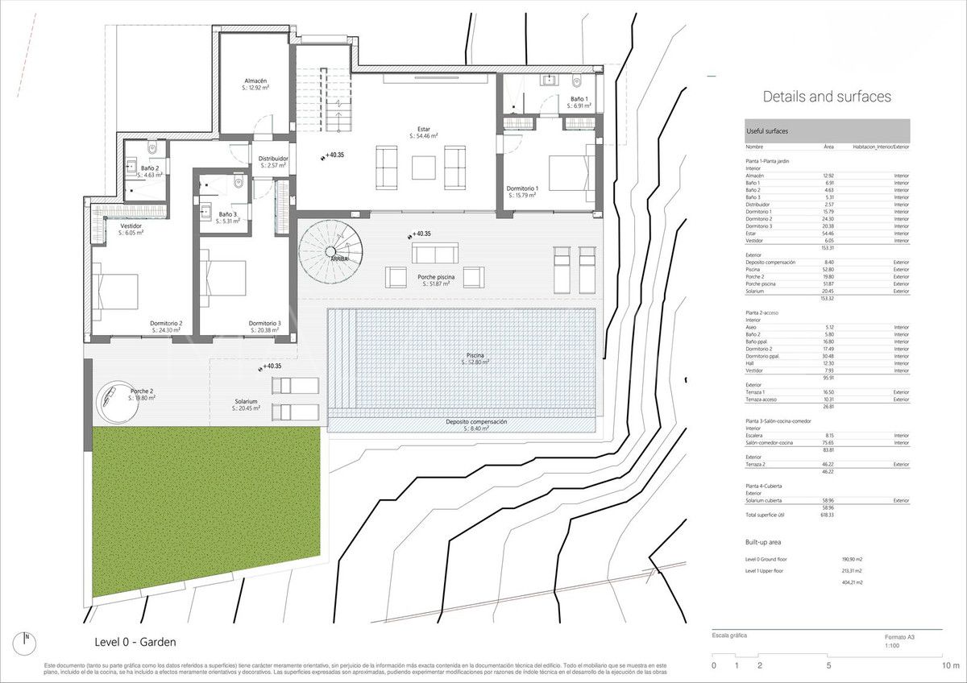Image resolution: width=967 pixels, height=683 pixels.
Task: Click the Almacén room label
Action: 255,81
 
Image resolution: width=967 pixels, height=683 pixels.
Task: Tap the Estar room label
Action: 423,129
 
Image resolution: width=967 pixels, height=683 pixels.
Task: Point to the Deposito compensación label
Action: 476,422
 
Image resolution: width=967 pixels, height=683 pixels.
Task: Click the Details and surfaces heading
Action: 827,97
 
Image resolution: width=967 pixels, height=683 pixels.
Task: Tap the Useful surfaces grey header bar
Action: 827,130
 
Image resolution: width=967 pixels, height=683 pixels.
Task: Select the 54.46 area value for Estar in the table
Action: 828,234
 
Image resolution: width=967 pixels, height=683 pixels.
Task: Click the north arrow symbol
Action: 27,641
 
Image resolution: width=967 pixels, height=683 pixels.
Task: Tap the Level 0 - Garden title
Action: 135,642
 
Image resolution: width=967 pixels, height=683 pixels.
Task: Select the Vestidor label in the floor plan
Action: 131,226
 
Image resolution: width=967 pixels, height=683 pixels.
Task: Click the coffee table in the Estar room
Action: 423,167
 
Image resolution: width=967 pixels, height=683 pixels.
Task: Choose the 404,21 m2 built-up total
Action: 853,582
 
